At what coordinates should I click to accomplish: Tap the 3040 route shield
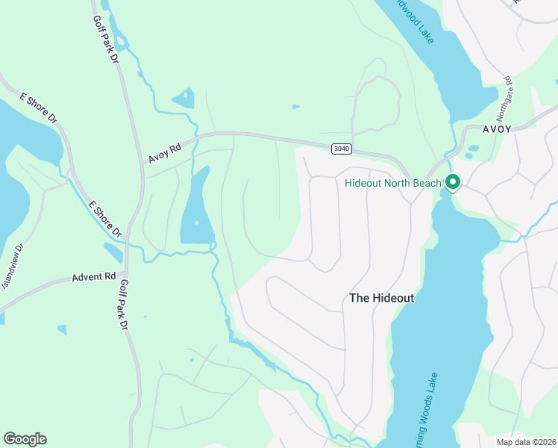coord(341,149)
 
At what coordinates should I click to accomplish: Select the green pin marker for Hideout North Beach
coord(452,181)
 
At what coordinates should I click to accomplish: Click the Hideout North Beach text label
coord(393,183)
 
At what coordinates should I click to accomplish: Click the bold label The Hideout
coord(381,297)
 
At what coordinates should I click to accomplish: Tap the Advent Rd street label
coord(94,277)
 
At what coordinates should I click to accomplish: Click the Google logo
coord(25,439)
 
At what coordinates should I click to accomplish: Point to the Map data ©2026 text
coord(525,442)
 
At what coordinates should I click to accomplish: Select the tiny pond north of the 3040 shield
coord(296,107)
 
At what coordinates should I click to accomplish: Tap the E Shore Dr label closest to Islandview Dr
coord(105,220)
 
